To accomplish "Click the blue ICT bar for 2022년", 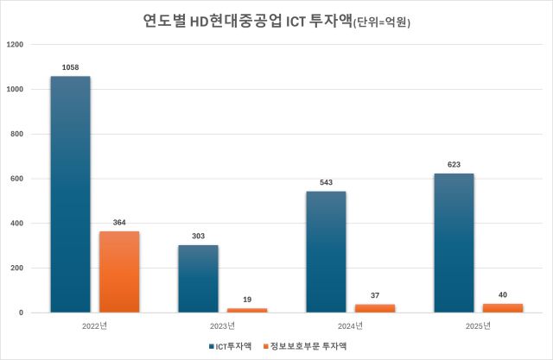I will pyautogui.click(x=70, y=194).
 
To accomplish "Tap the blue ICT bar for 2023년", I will pyautogui.click(x=198, y=279).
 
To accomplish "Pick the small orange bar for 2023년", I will pyautogui.click(x=247, y=309).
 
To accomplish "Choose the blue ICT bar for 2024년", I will pyautogui.click(x=326, y=252).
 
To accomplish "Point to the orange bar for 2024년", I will pyautogui.click(x=375, y=308).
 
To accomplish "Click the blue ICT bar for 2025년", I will pyautogui.click(x=454, y=243).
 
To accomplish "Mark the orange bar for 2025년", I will pyautogui.click(x=503, y=307).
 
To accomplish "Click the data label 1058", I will pyautogui.click(x=70, y=66).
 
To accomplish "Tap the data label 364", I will pyautogui.click(x=119, y=222).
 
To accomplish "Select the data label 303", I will pyautogui.click(x=198, y=236).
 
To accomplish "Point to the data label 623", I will pyautogui.click(x=454, y=164).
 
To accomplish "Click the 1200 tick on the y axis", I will pyautogui.click(x=15, y=44).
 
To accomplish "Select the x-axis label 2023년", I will pyautogui.click(x=222, y=325).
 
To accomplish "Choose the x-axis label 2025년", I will pyautogui.click(x=478, y=325).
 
